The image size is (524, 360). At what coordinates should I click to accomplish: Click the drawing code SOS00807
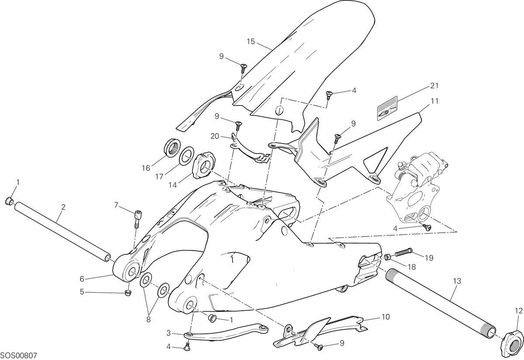pos(18,356)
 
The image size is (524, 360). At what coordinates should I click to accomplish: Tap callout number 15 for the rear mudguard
pos(251,41)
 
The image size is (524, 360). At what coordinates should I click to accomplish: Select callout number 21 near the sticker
pos(434,86)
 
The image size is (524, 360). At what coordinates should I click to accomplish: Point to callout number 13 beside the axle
pos(457,281)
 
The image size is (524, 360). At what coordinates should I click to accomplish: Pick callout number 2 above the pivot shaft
pos(63,207)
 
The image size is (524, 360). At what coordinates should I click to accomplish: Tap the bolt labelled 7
pos(138,219)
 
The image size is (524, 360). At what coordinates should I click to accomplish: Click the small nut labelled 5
pos(128,293)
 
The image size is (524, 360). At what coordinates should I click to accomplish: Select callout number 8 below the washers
pos(148,320)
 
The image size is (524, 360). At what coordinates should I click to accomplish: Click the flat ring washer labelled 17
pos(186,155)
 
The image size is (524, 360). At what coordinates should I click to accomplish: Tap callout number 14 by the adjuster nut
pos(172,185)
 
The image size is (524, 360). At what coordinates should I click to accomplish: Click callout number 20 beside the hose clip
pos(214,136)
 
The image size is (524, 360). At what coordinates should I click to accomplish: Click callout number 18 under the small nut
pos(412,267)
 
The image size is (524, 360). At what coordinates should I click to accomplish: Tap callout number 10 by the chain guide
pos(386,317)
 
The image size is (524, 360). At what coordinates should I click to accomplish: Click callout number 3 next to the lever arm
pos(169,333)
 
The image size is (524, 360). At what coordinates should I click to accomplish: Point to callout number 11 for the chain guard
pos(435,101)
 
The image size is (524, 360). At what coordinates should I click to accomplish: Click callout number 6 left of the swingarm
pos(82,279)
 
